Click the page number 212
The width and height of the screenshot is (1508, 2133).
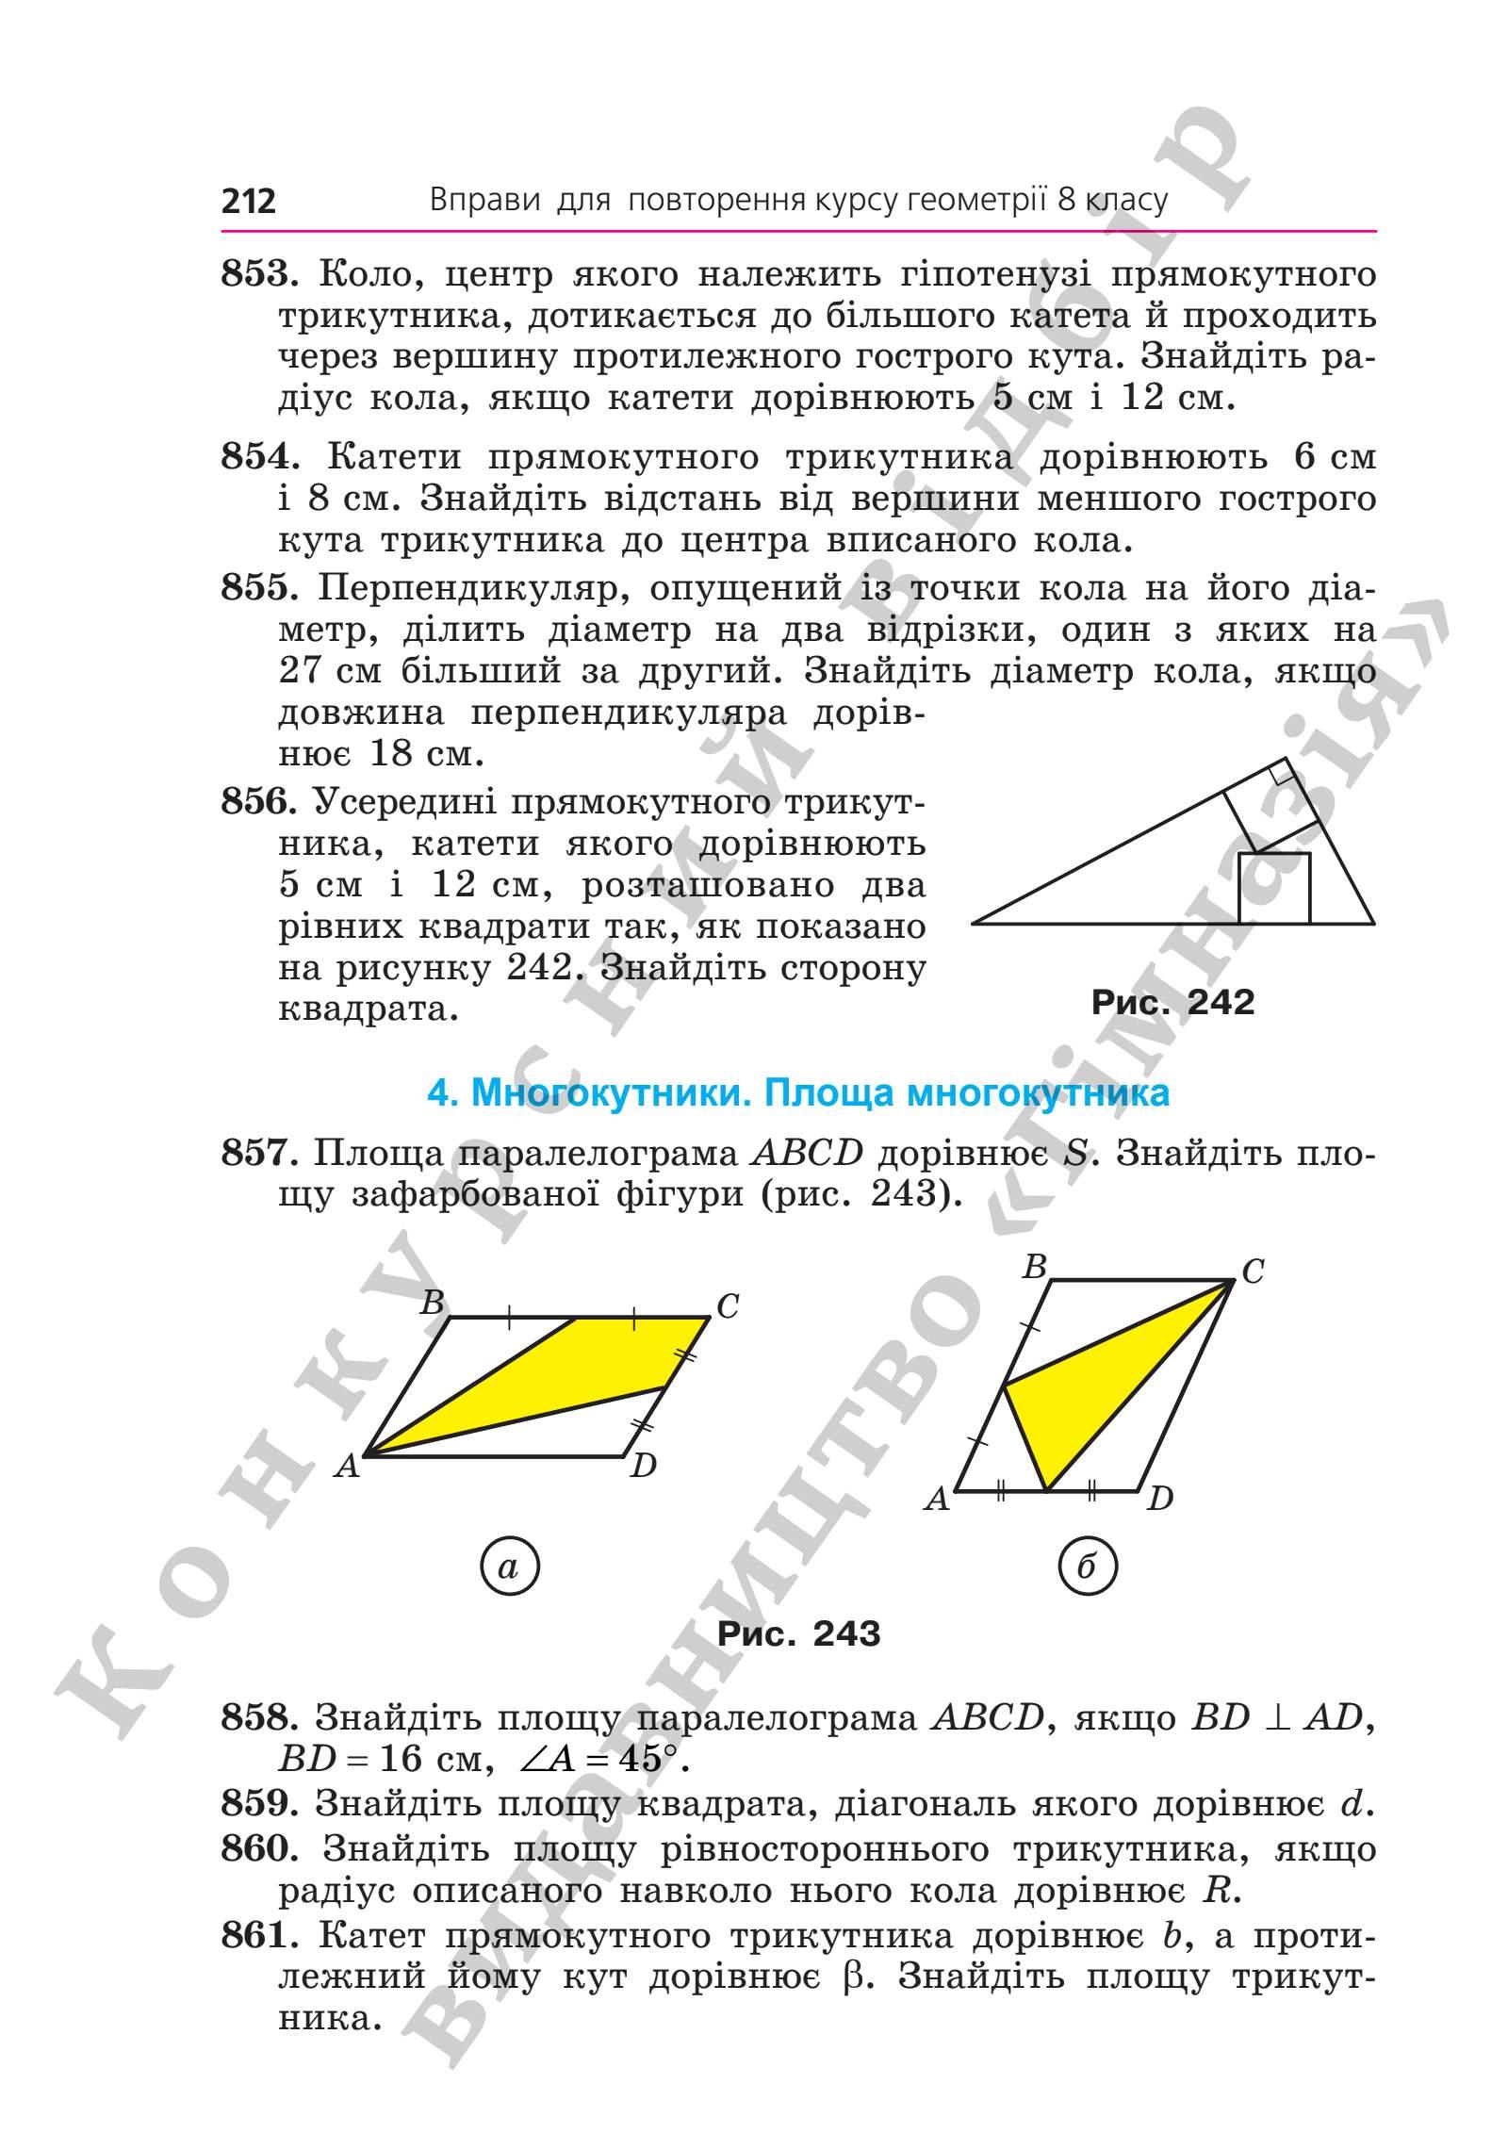pos(249,201)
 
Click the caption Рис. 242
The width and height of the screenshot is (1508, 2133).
pos(1172,1002)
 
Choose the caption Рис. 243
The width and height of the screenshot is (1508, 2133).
pos(798,1633)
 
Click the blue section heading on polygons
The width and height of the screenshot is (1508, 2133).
pos(798,1092)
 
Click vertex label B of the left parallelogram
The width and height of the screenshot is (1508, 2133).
pos(432,1304)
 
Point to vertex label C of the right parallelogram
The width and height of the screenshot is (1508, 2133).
pos(1252,1272)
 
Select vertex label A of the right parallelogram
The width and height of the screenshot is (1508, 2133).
pos(936,1499)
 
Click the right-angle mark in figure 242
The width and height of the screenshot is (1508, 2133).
pos(1279,775)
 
